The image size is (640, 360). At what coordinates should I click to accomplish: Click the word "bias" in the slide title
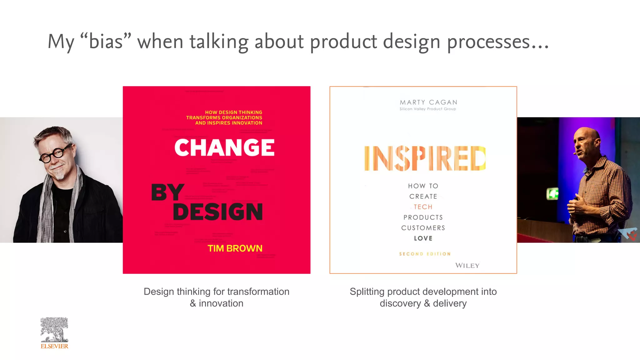coord(106,42)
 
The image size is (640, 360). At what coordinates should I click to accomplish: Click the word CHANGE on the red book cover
coord(224,147)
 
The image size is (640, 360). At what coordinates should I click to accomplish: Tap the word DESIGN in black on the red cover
coord(218,212)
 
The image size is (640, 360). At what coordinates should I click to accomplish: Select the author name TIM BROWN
coord(235,248)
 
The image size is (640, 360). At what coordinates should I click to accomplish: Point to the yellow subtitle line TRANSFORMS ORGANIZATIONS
coord(224,118)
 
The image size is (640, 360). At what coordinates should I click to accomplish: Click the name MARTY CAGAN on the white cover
coord(428,102)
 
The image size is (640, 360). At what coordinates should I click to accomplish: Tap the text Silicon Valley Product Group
coord(427,109)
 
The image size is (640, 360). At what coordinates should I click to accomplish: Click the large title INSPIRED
coord(425,158)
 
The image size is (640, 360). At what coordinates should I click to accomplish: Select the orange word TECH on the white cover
coord(423,207)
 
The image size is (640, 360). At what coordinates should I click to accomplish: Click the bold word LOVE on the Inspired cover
coord(423,238)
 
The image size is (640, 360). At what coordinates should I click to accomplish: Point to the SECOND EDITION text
coord(425,254)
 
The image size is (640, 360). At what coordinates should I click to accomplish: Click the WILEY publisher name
coord(467,266)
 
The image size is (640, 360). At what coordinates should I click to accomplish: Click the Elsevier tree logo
coord(54,330)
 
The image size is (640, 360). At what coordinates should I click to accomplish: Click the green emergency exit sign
coord(552,194)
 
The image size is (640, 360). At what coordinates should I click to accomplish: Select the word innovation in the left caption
coord(221,303)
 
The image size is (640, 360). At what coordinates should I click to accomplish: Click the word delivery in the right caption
coord(450,303)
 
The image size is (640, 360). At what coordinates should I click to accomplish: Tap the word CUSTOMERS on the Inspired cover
coord(423,228)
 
